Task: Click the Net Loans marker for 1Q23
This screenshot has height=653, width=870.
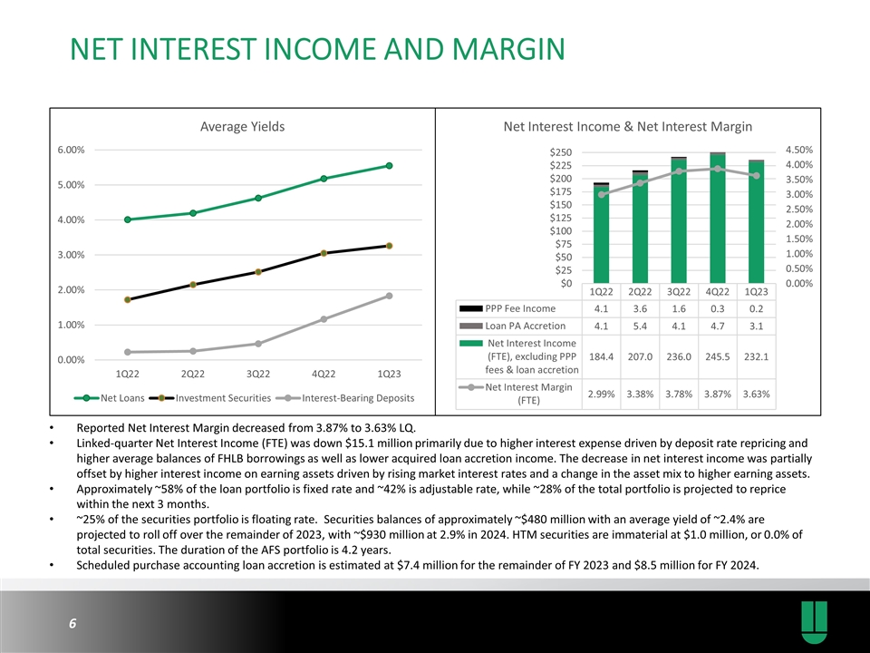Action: click(x=389, y=165)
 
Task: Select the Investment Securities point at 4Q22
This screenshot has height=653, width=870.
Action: click(x=324, y=253)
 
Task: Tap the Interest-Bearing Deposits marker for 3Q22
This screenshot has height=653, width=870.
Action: click(x=258, y=344)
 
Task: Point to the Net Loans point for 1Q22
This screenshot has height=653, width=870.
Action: click(x=128, y=219)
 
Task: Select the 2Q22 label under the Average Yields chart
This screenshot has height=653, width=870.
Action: click(x=193, y=374)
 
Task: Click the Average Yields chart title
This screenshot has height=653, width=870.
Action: click(x=242, y=127)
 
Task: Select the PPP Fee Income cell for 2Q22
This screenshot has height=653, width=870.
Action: click(x=640, y=307)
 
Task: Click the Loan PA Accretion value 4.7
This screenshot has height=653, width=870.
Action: click(x=718, y=326)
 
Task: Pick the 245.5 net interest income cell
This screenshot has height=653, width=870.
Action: click(x=718, y=356)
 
